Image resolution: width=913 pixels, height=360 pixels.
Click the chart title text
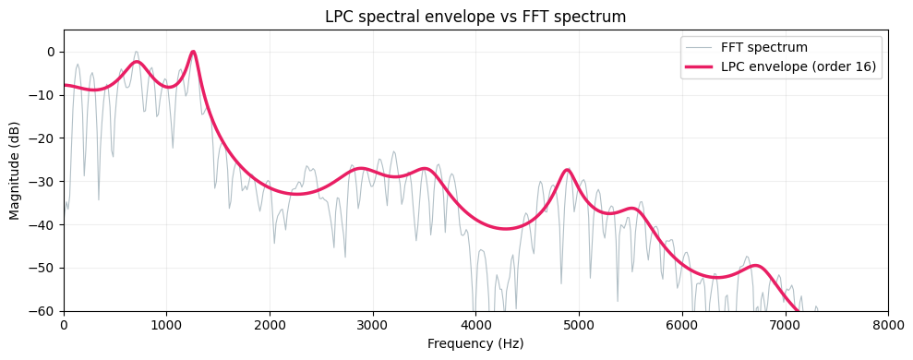click(x=475, y=17)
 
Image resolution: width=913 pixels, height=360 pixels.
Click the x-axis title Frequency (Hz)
click(x=475, y=343)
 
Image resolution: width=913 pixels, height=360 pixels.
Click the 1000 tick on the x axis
click(x=166, y=325)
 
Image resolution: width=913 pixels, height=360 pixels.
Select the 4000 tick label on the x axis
click(x=475, y=325)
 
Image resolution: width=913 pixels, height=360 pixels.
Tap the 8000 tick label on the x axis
click(x=888, y=325)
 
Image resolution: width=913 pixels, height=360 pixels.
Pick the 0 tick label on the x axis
click(x=64, y=325)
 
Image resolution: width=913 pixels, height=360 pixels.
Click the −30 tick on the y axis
click(x=43, y=181)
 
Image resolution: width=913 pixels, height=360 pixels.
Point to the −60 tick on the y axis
click(x=43, y=311)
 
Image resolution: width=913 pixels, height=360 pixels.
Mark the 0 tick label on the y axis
click(x=51, y=52)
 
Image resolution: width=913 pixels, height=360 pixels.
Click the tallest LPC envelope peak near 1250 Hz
click(x=193, y=52)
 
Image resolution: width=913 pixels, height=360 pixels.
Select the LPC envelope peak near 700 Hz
click(x=137, y=62)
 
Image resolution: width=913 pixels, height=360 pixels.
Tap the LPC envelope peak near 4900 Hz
click(x=568, y=170)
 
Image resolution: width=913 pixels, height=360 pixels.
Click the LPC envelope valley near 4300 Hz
click(x=507, y=228)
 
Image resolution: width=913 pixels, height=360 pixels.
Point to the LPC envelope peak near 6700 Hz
click(x=756, y=266)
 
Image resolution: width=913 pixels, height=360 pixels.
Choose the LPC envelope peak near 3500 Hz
click(x=425, y=169)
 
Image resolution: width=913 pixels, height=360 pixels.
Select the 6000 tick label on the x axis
click(x=682, y=325)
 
